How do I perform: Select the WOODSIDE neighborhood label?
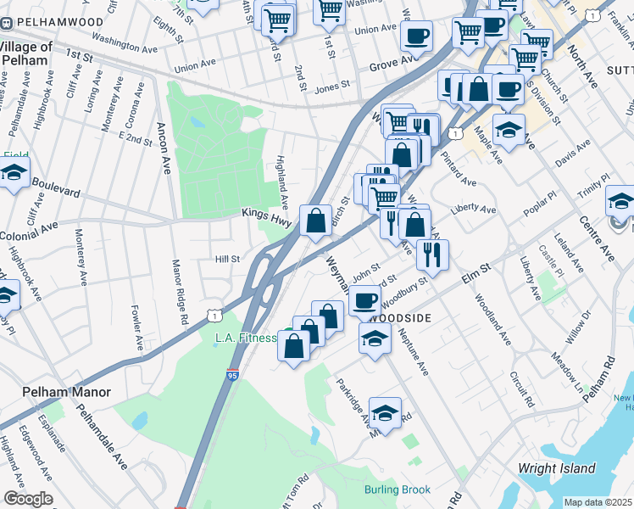(x=400, y=317)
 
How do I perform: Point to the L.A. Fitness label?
(x=245, y=338)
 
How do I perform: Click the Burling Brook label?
(x=398, y=489)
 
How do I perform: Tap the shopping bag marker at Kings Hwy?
(x=315, y=222)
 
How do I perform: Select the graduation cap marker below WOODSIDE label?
(x=374, y=339)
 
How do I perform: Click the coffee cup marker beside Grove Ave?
(x=415, y=36)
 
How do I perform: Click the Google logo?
(x=27, y=499)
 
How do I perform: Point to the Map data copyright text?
(x=598, y=502)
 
